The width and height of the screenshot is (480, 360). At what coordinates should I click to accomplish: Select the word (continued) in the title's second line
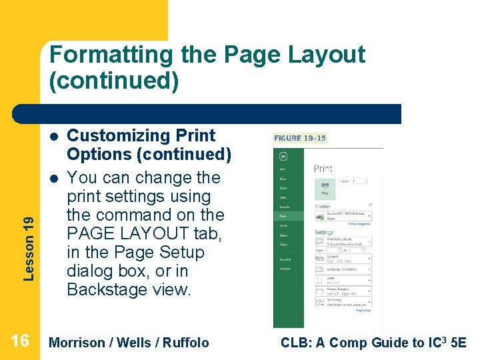[114, 81]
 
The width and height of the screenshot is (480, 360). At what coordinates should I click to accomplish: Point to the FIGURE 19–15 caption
[300, 138]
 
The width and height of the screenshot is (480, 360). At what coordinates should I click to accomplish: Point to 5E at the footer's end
[458, 343]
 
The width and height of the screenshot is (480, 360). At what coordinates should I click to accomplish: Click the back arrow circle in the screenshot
[283, 156]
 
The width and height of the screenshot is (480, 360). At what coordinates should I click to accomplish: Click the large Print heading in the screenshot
[323, 168]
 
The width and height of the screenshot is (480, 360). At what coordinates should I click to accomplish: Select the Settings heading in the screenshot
[324, 233]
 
